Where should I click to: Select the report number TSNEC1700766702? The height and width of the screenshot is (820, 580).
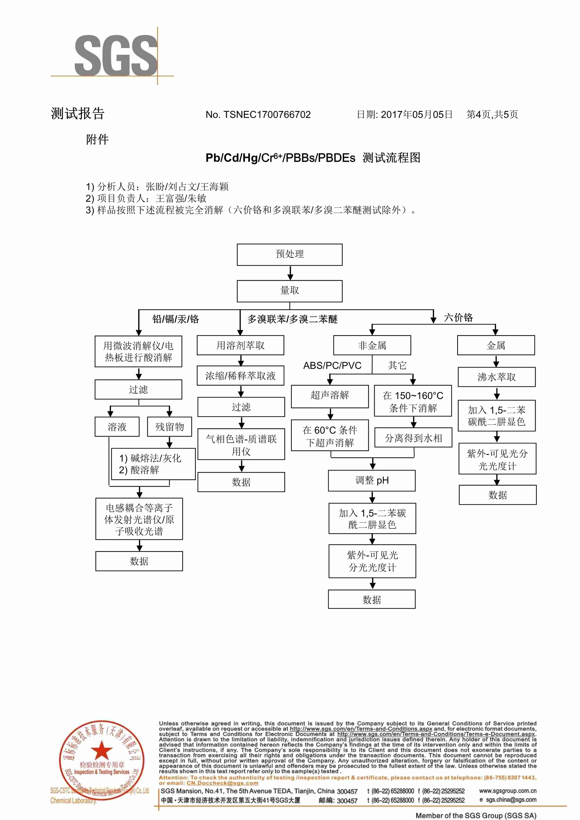tap(267, 115)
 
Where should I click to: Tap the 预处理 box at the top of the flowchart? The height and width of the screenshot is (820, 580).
tap(290, 255)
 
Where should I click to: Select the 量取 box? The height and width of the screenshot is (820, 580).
tap(290, 291)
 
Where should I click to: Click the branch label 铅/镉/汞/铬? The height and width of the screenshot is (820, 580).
tap(176, 319)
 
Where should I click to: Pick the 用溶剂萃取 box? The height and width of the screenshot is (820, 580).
tap(240, 345)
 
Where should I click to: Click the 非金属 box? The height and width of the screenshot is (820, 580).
tap(372, 345)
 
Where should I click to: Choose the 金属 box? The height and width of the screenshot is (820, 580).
tap(496, 345)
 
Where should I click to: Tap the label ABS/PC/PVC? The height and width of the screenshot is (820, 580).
tap(332, 366)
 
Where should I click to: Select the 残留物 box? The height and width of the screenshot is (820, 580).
tap(170, 427)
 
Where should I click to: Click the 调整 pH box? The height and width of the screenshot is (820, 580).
tap(372, 481)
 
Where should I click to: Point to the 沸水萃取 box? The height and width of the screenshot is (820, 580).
tap(497, 377)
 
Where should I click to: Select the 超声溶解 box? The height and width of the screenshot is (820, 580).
tap(330, 396)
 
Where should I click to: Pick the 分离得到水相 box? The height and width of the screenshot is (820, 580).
tap(413, 438)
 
